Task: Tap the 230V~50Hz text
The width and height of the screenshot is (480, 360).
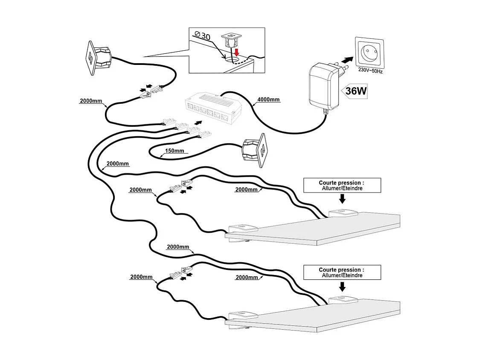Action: tap(370, 70)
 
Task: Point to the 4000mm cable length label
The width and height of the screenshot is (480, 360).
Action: tap(268, 100)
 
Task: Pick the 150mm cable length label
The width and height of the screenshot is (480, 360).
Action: tap(174, 151)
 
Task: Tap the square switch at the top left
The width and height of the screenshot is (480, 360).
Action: tap(99, 59)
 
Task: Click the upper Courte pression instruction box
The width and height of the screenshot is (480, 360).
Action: tap(341, 185)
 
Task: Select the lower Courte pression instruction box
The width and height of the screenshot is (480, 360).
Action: tap(341, 272)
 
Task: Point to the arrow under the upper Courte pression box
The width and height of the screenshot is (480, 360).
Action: tap(342, 199)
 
